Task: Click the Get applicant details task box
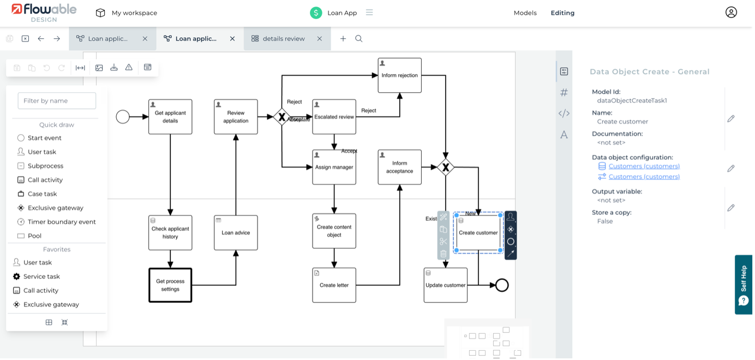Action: point(170,117)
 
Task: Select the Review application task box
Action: point(236,117)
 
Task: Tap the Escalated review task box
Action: point(334,117)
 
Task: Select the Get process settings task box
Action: point(170,285)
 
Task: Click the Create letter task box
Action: point(334,285)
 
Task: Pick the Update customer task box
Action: point(446,285)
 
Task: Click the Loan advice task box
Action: point(236,232)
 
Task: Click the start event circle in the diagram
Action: point(123,117)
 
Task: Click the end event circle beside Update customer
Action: point(501,285)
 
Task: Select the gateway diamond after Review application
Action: point(281,117)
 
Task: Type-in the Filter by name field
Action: point(57,100)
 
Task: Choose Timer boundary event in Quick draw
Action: point(61,222)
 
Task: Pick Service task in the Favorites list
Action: point(41,277)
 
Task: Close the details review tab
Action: point(320,39)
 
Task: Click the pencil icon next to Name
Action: point(731,118)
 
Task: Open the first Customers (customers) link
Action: point(644,166)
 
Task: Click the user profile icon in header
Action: point(731,13)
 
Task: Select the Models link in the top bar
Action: point(525,13)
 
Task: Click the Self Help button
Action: point(744,285)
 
